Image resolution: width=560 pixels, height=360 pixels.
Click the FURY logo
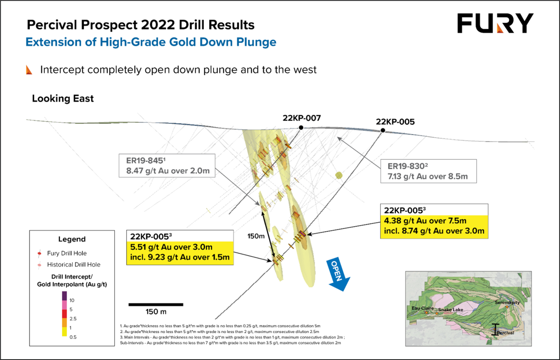495,23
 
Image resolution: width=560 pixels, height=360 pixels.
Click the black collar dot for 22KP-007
301,127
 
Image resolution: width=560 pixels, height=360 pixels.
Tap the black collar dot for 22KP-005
383,130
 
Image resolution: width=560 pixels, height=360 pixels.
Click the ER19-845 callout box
167,165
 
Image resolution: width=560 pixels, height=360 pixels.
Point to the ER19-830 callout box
428,171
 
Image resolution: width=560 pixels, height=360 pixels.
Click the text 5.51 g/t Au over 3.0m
171,247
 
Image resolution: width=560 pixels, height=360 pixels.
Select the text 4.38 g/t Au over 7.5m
425,221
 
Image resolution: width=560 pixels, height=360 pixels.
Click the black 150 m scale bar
156,304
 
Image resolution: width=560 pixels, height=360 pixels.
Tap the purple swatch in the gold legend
64,296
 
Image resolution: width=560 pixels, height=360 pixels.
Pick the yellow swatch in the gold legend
64,332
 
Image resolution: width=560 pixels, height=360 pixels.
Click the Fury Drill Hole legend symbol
39,254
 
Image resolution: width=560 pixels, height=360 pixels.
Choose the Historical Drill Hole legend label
74,265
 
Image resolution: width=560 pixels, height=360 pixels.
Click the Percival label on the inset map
505,333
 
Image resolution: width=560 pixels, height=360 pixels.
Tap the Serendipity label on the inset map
507,302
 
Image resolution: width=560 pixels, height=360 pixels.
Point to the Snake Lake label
451,310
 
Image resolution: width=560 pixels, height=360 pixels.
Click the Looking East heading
63,98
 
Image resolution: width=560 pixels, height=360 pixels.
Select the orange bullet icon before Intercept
29,70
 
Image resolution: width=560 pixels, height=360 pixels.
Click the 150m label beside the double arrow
256,236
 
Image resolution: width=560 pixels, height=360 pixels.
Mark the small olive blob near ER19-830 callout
339,175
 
